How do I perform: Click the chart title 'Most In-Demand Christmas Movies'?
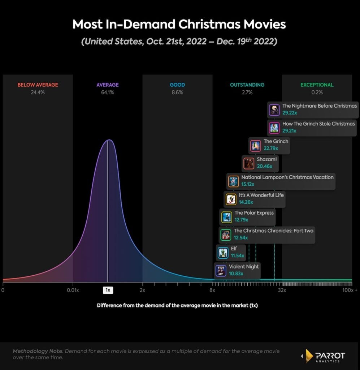pyautogui.click(x=179, y=24)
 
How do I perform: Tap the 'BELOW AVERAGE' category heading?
pyautogui.click(x=38, y=85)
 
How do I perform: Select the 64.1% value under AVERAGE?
pyautogui.click(x=107, y=92)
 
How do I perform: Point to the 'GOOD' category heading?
pyautogui.click(x=177, y=85)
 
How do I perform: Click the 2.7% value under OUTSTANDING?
pyautogui.click(x=247, y=92)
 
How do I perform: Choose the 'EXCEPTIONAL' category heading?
pyautogui.click(x=317, y=85)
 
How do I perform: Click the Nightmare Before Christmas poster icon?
pyautogui.click(x=274, y=110)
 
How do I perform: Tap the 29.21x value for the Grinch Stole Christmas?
pyautogui.click(x=289, y=130)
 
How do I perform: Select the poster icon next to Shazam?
pyautogui.click(x=248, y=163)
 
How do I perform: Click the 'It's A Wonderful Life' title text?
pyautogui.click(x=261, y=195)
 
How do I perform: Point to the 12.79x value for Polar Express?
pyautogui.click(x=242, y=220)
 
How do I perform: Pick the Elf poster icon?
pyautogui.click(x=223, y=253)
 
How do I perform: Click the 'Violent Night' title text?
pyautogui.click(x=244, y=267)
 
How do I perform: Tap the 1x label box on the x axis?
pyautogui.click(x=108, y=290)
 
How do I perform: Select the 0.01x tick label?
pyautogui.click(x=73, y=290)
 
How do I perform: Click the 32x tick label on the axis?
pyautogui.click(x=282, y=290)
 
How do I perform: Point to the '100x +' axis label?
pyautogui.click(x=350, y=290)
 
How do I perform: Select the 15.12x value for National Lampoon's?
pyautogui.click(x=248, y=184)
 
